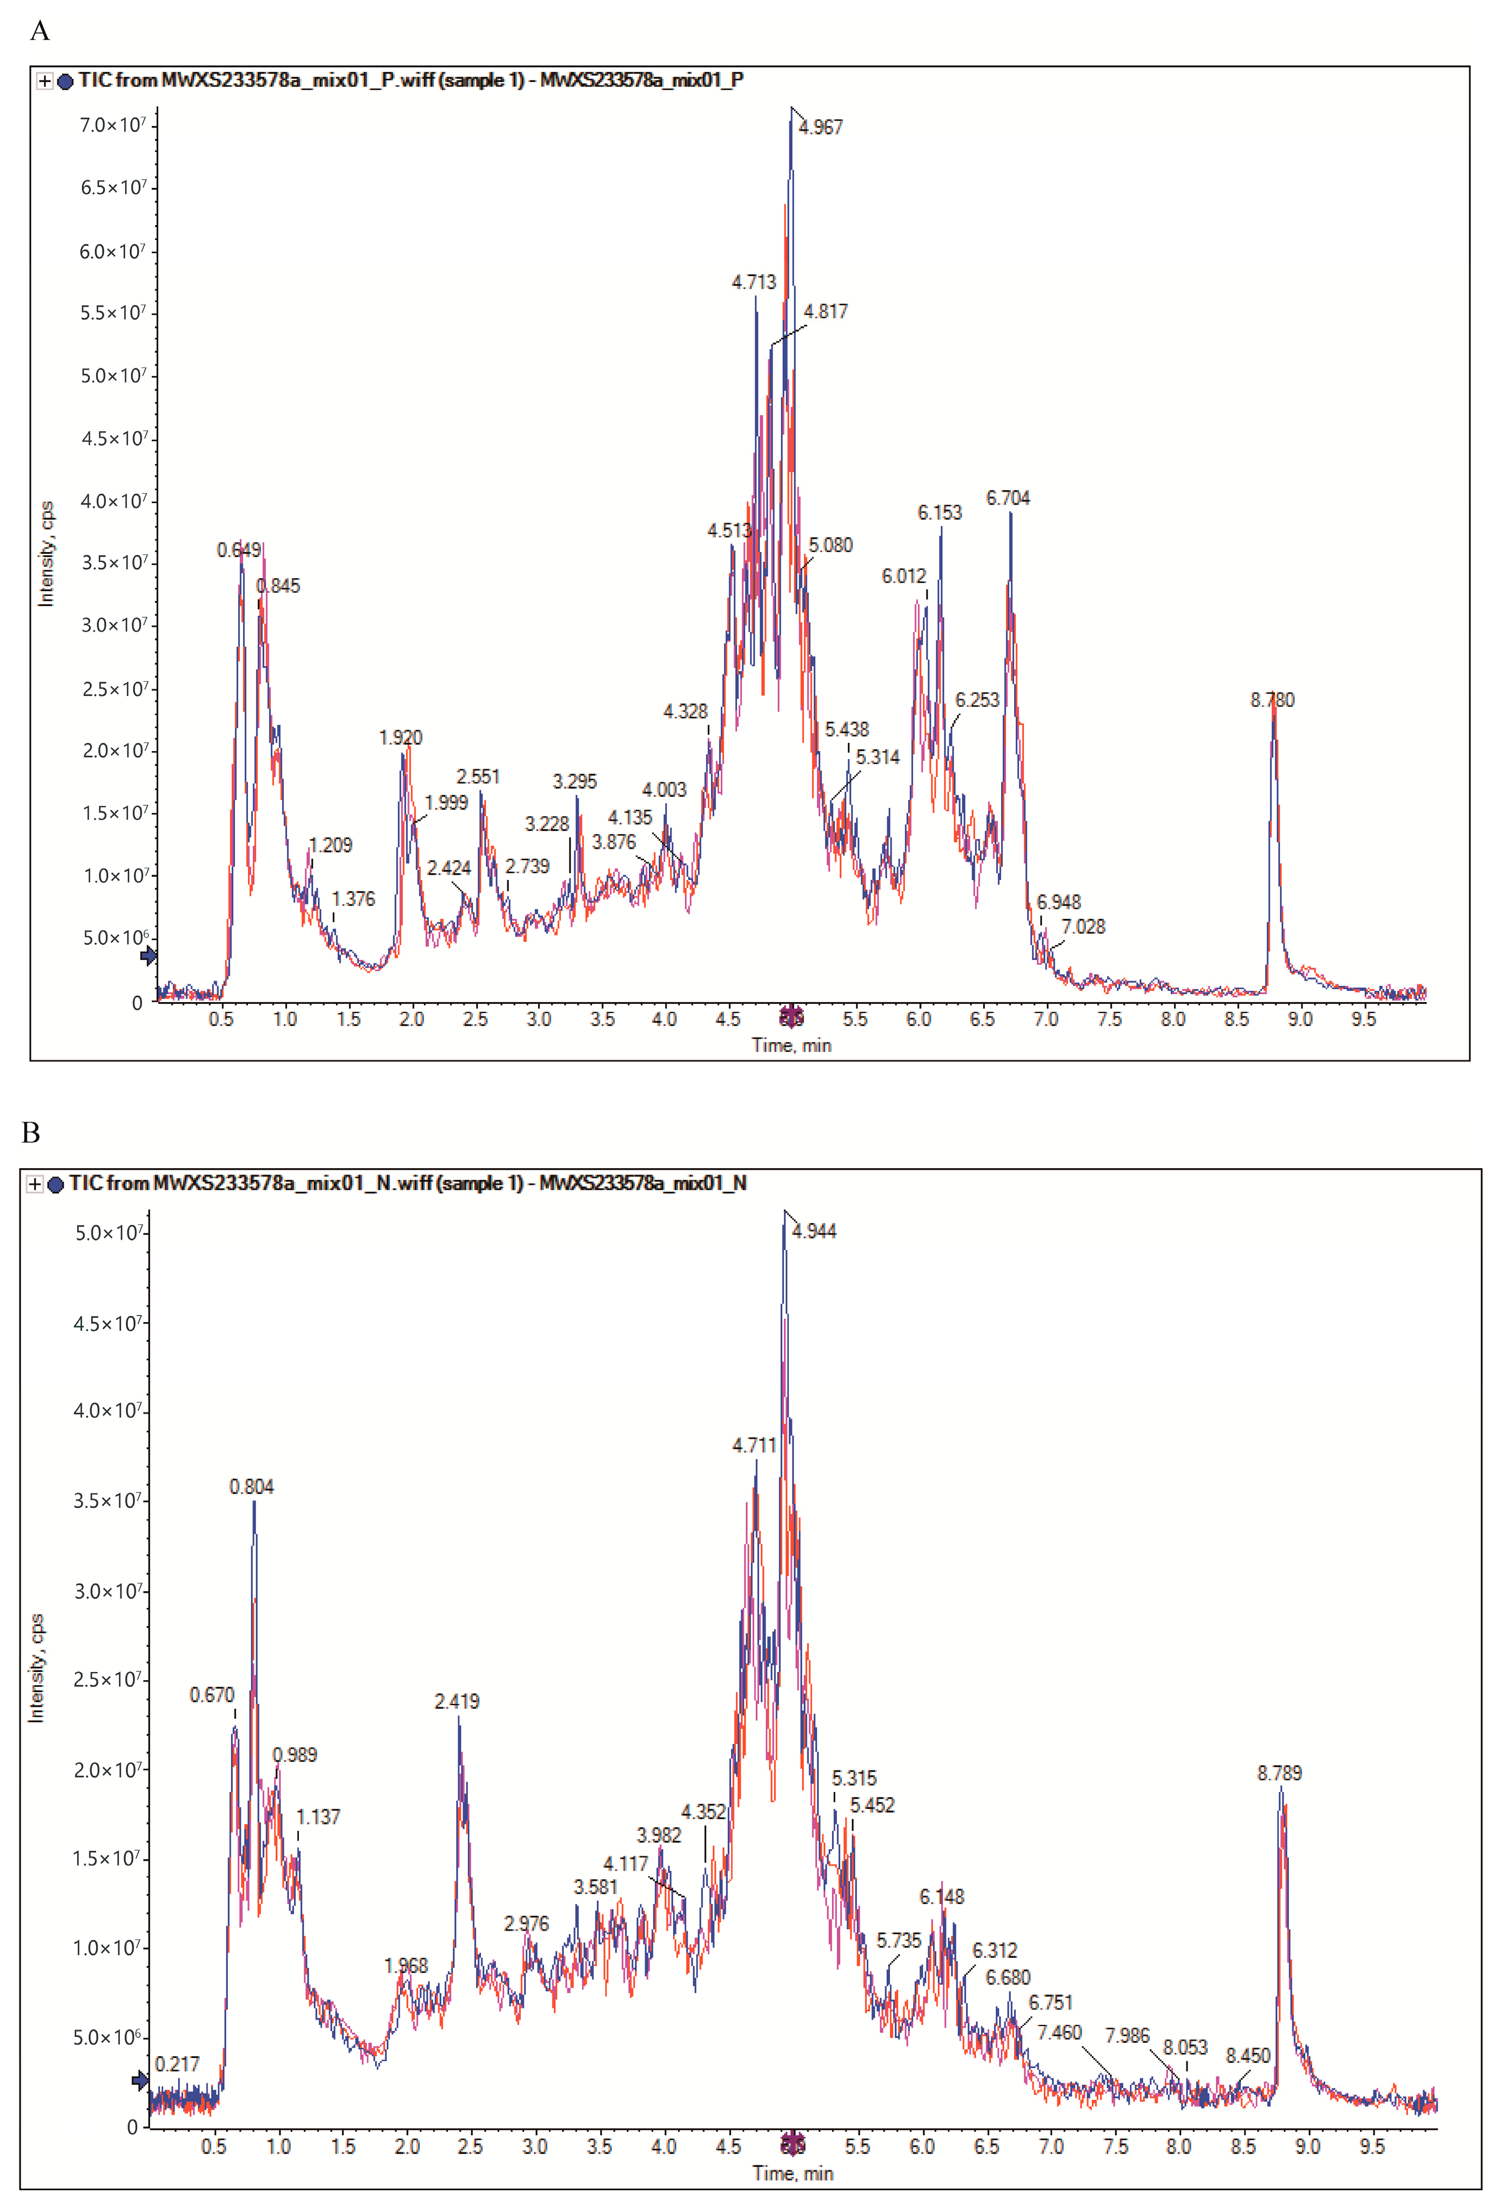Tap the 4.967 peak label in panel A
coord(820,128)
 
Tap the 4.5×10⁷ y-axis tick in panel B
coord(108,1323)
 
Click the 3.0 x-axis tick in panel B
coord(534,2146)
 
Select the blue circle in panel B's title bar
coord(55,1184)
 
